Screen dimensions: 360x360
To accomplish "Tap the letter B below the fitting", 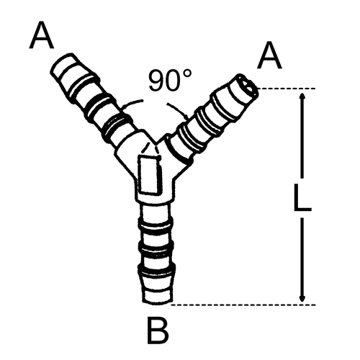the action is (x=158, y=331).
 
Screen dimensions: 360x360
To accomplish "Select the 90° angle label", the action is (x=171, y=80).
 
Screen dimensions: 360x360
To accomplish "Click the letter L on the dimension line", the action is (x=302, y=197).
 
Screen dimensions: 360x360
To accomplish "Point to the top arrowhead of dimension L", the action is (x=302, y=96).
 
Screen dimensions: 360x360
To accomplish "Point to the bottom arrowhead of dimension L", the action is (x=302, y=298).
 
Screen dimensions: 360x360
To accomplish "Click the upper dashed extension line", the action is (x=287, y=89).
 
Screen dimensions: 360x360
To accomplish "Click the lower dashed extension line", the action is (x=243, y=305).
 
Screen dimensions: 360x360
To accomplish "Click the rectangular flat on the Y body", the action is (x=149, y=174).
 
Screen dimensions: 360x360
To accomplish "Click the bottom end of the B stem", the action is (x=158, y=302).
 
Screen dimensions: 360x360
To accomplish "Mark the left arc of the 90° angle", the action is (x=132, y=102).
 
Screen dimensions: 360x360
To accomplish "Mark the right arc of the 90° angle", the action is (x=178, y=109).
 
